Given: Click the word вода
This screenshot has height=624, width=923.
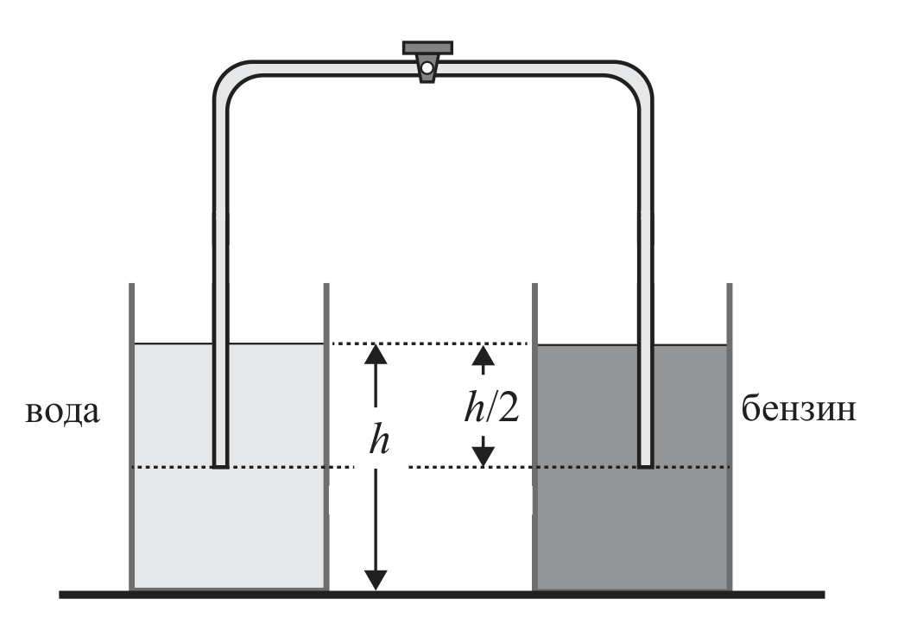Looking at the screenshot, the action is (x=62, y=412).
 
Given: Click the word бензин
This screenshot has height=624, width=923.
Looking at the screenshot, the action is (x=798, y=408).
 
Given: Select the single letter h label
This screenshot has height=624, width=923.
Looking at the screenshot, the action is (x=379, y=440).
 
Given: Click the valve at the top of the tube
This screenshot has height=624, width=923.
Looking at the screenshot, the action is (x=427, y=61).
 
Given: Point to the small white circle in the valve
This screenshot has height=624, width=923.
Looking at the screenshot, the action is (x=427, y=69).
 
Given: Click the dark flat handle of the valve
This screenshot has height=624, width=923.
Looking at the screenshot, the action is (x=427, y=47).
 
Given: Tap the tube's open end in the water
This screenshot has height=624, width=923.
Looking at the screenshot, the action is (x=220, y=465).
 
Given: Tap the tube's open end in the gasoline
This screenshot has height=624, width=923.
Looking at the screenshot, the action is (x=646, y=465).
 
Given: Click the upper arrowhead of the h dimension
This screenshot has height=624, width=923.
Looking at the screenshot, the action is (x=376, y=355).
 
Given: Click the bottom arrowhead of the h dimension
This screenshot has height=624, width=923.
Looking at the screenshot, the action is (x=376, y=580).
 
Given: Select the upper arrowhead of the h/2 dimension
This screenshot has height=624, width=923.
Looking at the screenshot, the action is (x=484, y=355).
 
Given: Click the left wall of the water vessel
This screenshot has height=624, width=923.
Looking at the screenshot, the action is (x=132, y=437).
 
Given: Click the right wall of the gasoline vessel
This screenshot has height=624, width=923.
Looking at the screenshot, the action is (x=730, y=437).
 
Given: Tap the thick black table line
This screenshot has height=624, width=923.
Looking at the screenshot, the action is (x=441, y=595).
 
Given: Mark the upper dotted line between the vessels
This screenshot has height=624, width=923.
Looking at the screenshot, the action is (x=430, y=344).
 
